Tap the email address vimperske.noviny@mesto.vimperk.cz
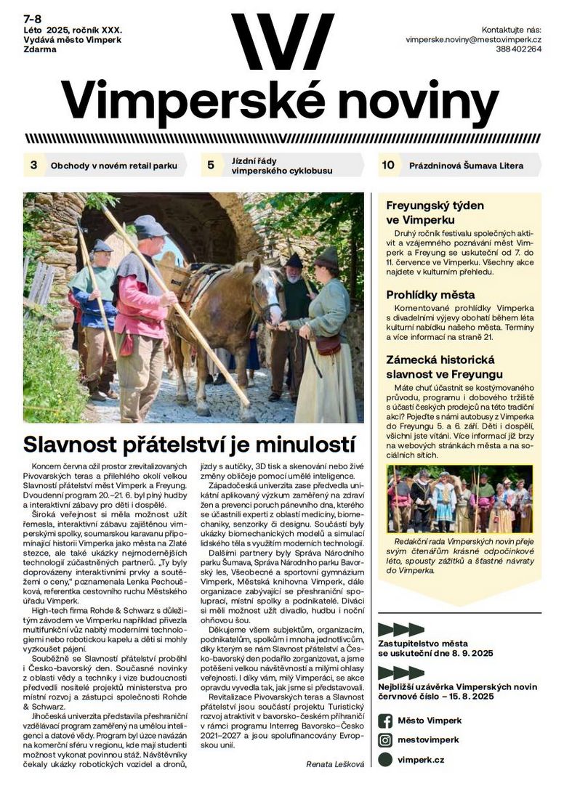(x=473, y=39)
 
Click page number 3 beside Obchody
(x=33, y=165)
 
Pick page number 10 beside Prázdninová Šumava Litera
(x=388, y=165)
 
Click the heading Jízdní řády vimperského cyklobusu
(x=282, y=166)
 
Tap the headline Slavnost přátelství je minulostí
(x=189, y=443)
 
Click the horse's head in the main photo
(x=267, y=294)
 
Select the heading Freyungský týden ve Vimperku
(x=435, y=212)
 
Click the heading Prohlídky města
(x=430, y=295)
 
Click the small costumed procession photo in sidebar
(x=459, y=499)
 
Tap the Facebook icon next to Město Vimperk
(x=385, y=721)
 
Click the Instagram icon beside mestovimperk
(x=385, y=740)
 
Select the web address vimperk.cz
(x=421, y=760)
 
